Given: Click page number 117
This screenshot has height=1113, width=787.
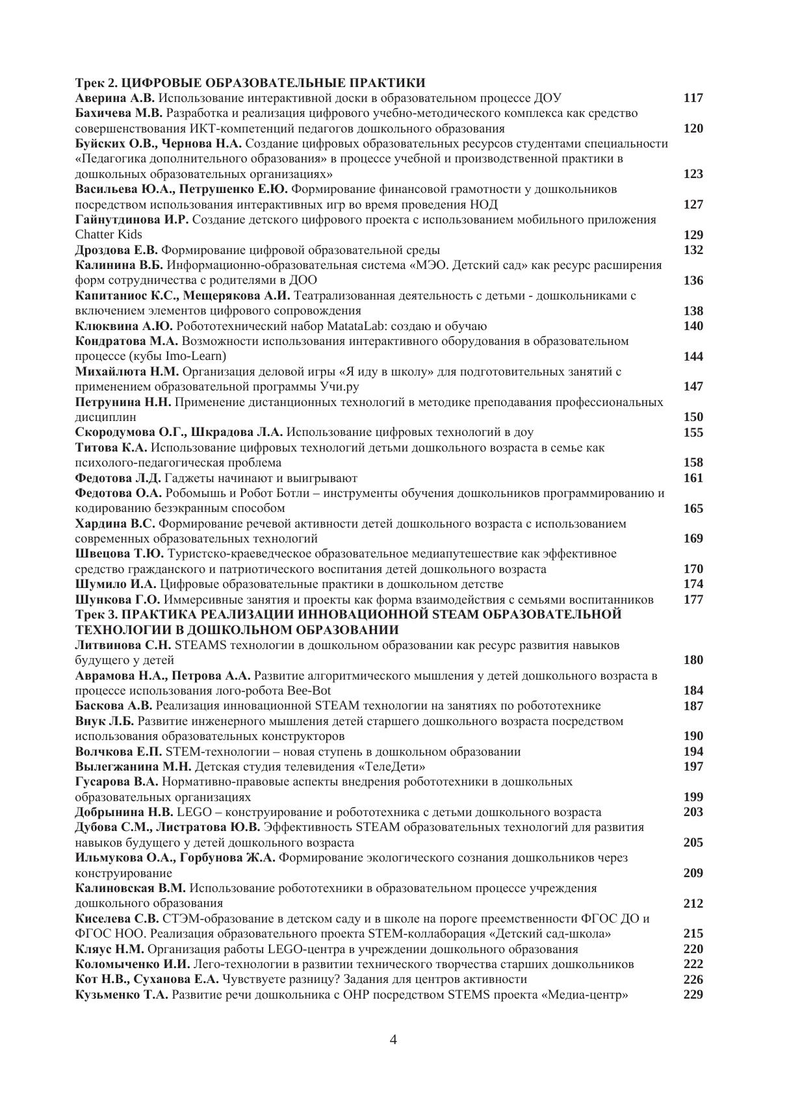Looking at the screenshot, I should (693, 98).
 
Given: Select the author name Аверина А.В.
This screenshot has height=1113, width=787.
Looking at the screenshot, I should (115, 98).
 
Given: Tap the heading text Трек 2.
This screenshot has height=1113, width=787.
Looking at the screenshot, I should (97, 83).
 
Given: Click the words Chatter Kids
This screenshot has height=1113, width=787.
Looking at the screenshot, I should (109, 235).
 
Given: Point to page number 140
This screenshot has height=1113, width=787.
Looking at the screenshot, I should (693, 326).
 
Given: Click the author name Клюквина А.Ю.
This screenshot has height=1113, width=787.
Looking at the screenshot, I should (124, 326).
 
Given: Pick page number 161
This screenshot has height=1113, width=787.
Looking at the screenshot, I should (693, 478).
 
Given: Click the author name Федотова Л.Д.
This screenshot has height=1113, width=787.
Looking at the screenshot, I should (118, 478).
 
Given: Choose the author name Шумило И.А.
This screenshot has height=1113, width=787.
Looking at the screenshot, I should (116, 584).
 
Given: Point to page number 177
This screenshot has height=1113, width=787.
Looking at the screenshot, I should (693, 599).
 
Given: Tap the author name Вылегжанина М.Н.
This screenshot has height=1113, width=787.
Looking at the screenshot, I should (133, 767).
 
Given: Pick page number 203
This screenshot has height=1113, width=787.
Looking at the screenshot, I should (693, 812).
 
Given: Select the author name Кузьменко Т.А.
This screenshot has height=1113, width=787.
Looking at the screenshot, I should (122, 995).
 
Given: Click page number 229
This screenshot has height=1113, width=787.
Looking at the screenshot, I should (693, 994).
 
